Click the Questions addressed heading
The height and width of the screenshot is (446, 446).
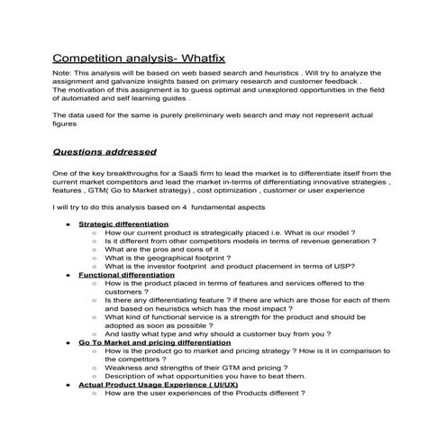105,151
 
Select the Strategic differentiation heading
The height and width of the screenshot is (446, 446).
123,223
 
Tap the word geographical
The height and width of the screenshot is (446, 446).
161,266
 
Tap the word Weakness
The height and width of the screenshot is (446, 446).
127,367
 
